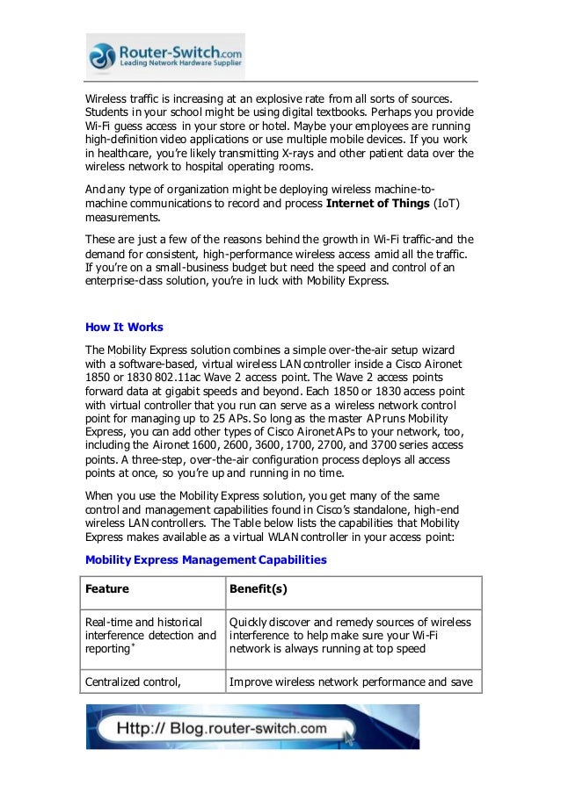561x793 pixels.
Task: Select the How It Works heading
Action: click(x=124, y=328)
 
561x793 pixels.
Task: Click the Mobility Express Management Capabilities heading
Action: click(x=205, y=559)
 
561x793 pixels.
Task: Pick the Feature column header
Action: click(x=107, y=588)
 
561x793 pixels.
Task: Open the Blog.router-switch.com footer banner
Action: click(x=252, y=727)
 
